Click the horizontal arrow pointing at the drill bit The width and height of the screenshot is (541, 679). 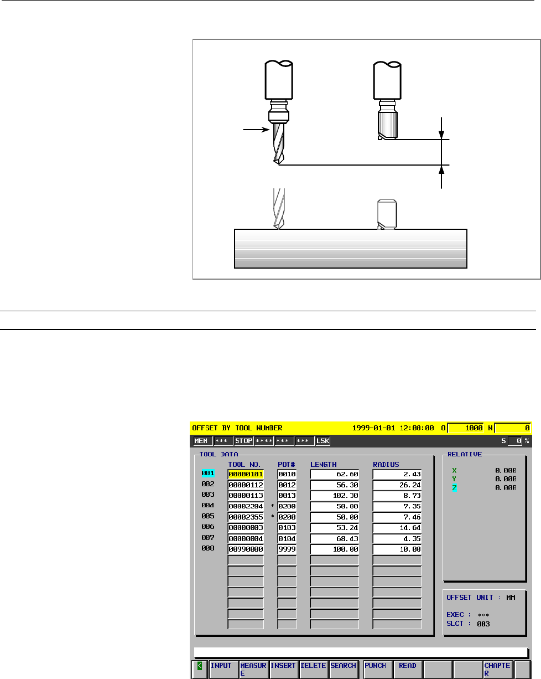point(256,130)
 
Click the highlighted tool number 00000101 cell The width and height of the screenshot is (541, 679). point(246,474)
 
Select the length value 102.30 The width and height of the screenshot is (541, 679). point(335,495)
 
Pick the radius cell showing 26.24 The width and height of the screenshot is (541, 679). point(397,485)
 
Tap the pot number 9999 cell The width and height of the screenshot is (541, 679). point(287,549)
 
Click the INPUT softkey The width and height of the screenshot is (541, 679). point(223,669)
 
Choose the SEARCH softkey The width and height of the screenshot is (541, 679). point(344,669)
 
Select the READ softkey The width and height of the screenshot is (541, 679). point(408,669)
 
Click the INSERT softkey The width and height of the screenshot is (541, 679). point(284,669)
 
